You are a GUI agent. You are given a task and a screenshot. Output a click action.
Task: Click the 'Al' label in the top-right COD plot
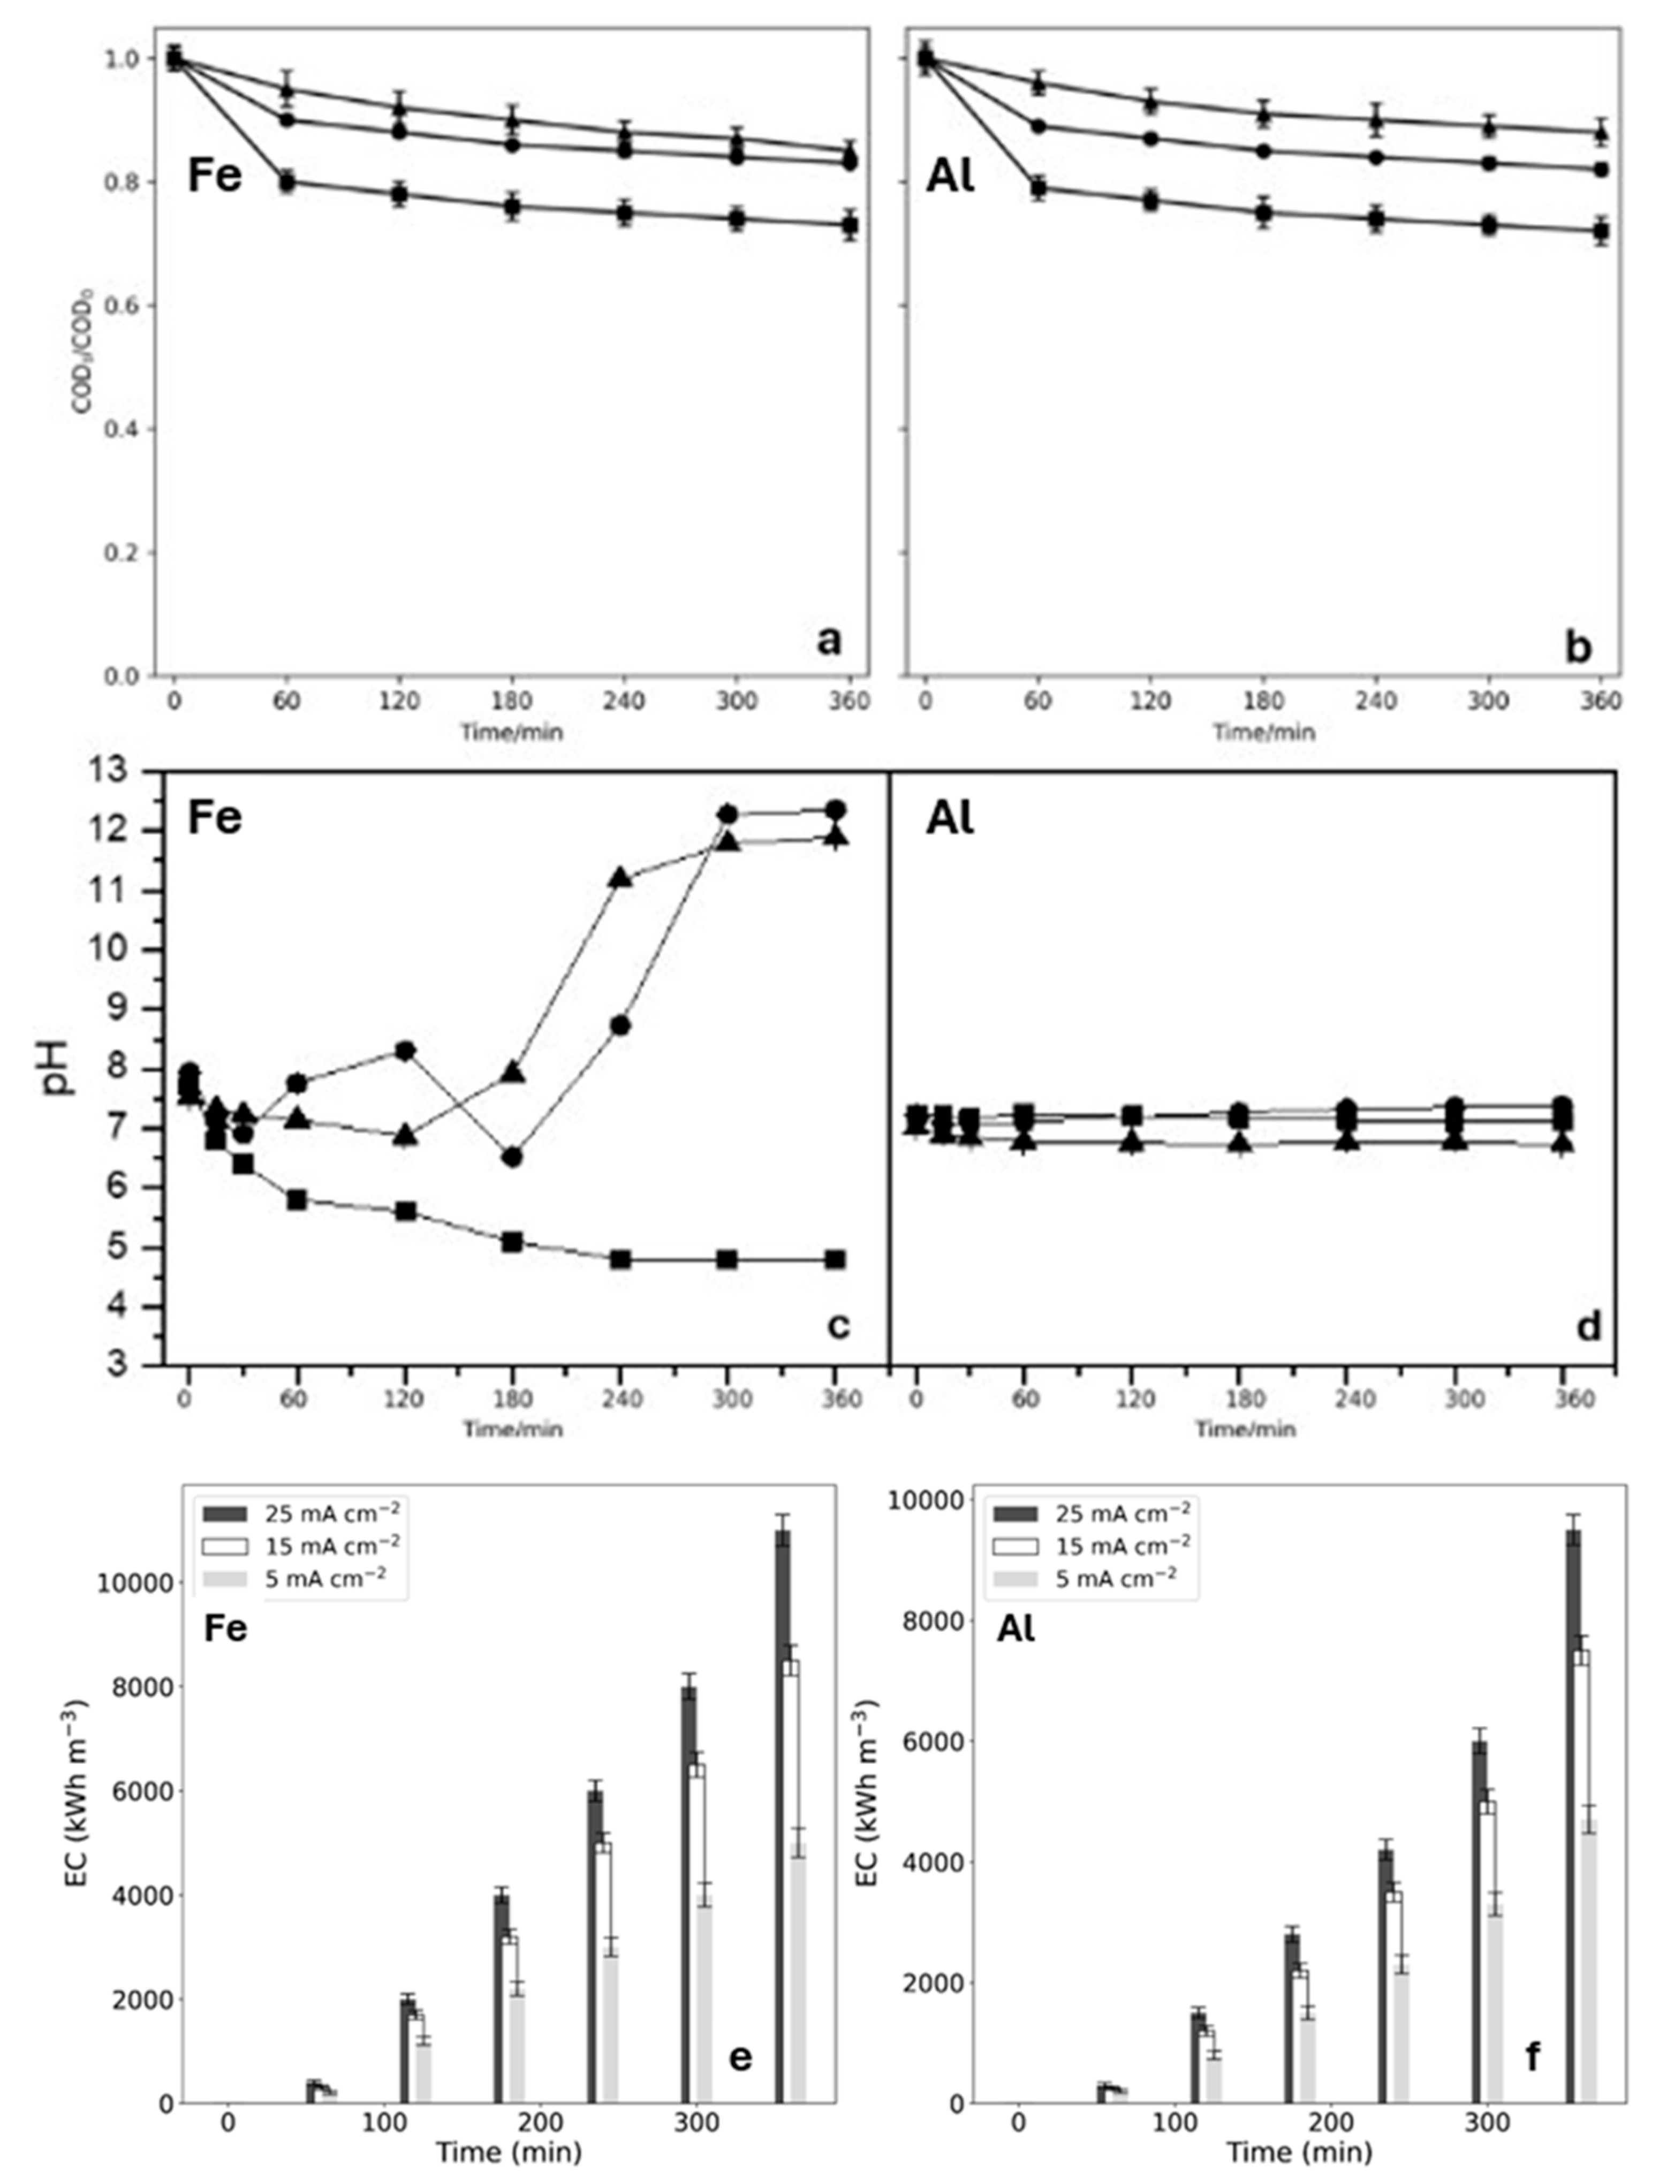pyautogui.click(x=950, y=179)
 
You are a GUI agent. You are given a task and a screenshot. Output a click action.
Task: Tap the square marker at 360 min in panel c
pyautogui.click(x=836, y=1260)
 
